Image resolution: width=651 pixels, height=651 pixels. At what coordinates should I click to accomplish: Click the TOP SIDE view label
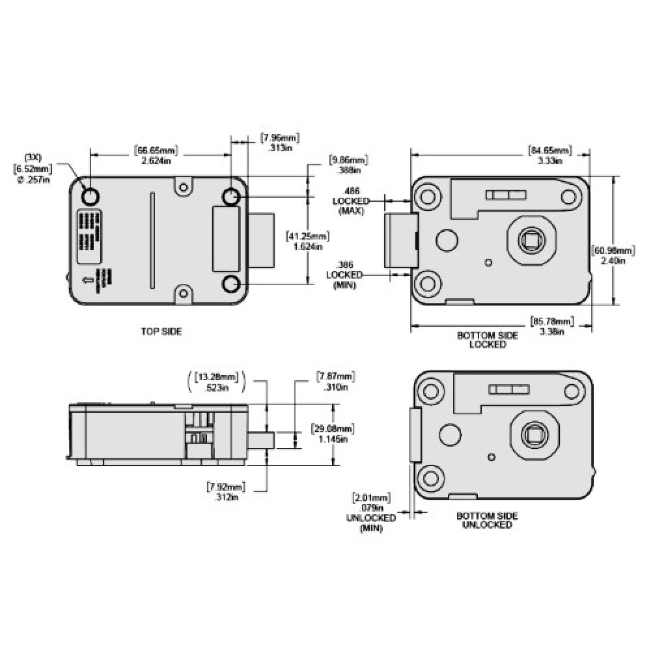pos(161,331)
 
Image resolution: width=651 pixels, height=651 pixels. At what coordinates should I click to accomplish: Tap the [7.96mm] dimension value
pos(279,138)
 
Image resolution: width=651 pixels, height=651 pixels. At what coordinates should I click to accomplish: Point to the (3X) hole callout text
pos(32,158)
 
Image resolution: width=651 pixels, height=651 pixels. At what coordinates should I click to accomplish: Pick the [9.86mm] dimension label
pos(348,159)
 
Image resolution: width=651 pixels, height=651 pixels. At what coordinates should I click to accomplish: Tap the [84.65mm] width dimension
pos(549,152)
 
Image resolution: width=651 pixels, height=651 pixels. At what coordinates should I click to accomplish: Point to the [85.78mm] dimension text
pos(553,322)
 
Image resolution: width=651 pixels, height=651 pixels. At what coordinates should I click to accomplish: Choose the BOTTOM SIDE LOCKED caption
pos(488,340)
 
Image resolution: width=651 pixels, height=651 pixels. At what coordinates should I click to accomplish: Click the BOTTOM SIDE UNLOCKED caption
pos(487,520)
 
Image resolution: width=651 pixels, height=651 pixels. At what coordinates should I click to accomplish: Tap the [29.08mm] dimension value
pos(333,429)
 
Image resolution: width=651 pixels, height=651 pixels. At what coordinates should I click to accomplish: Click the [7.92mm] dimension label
pos(225,486)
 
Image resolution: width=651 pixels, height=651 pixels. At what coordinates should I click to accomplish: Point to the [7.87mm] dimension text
pos(336,377)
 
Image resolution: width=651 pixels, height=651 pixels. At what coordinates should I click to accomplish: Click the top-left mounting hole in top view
pos(89,196)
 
